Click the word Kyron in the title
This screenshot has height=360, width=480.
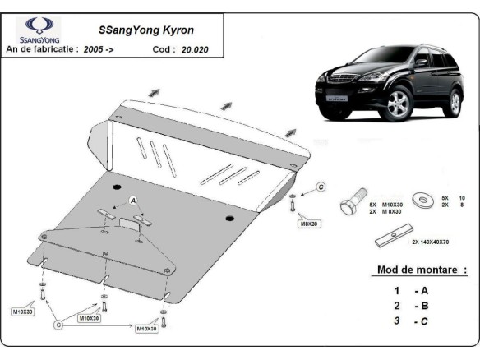point(173,30)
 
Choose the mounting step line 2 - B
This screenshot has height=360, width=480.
point(411,305)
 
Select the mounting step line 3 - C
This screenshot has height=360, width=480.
point(411,321)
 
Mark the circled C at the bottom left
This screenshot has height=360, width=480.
point(58,326)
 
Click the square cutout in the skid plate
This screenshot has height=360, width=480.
point(129,221)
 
